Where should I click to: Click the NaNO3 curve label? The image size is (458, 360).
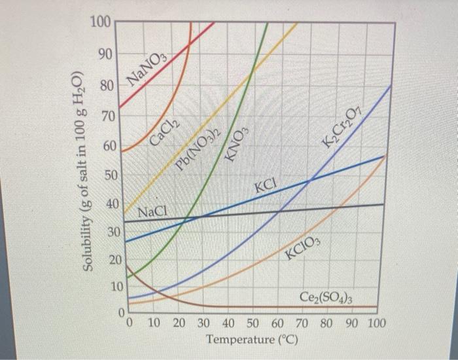click(x=147, y=71)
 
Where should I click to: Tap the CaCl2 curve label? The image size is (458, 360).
click(x=164, y=132)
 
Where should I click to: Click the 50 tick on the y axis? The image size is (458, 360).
click(x=112, y=177)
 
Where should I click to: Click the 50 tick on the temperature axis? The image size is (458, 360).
click(x=253, y=324)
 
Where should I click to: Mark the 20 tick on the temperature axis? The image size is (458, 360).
click(x=179, y=324)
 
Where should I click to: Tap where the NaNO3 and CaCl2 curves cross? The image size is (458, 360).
click(x=189, y=43)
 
